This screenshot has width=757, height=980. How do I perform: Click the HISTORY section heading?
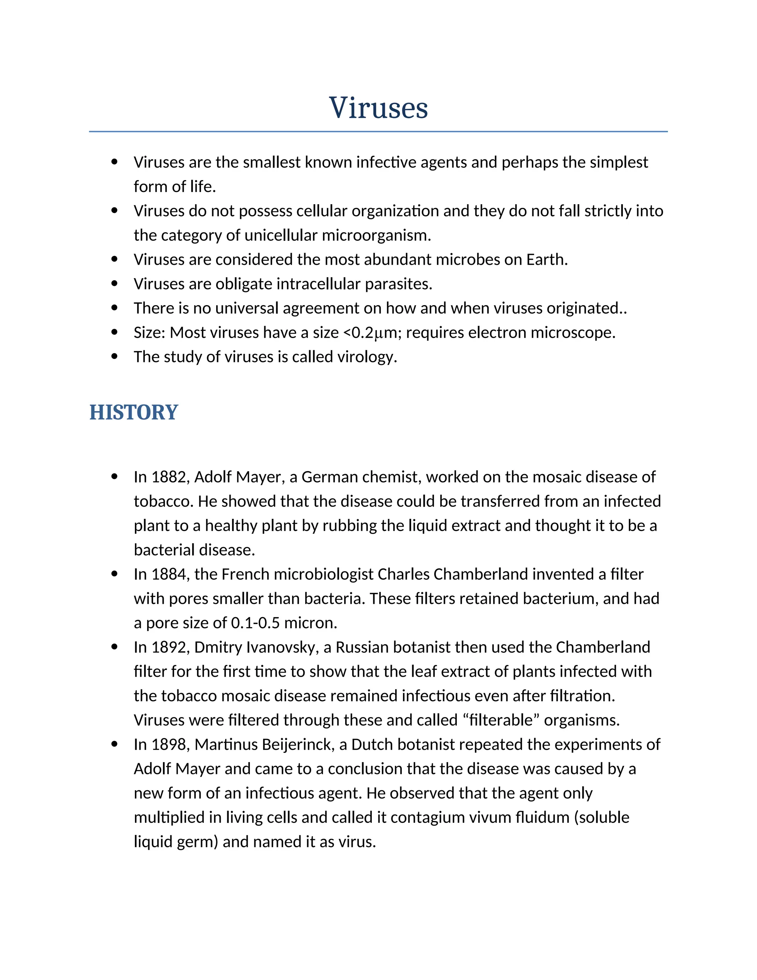tap(134, 412)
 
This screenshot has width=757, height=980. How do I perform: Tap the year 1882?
tap(170, 477)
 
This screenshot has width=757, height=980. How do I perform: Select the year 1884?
tap(170, 574)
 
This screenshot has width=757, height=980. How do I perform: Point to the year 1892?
tap(170, 648)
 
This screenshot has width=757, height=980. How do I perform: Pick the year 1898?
tap(170, 745)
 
